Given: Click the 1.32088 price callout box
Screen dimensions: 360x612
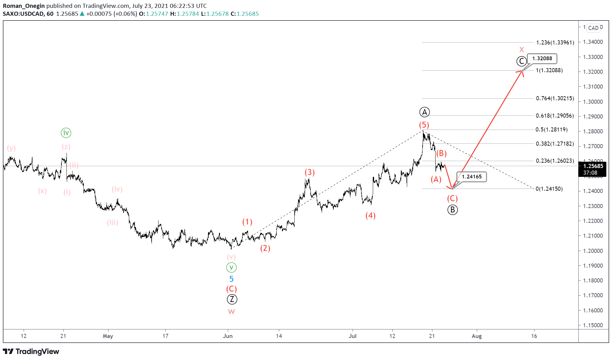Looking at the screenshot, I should tap(542, 58).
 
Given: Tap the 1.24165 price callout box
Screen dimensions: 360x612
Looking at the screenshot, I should tap(472, 177).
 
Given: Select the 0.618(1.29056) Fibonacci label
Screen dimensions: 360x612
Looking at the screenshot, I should tap(555, 116).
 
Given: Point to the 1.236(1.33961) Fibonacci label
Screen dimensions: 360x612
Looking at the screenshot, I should tap(555, 43).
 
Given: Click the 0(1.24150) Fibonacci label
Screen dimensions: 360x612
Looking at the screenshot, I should tap(549, 189).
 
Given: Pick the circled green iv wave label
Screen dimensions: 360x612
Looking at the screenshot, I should tap(66, 133).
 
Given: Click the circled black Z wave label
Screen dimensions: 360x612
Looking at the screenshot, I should tap(232, 299).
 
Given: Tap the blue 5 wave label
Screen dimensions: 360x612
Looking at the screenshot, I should tap(231, 279).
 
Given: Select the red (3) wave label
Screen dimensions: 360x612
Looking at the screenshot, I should tap(309, 172).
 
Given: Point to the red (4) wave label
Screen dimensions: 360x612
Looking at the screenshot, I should tap(370, 216).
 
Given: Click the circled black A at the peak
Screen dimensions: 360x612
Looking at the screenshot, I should tap(424, 112).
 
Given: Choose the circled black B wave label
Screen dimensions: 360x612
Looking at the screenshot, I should tap(453, 210).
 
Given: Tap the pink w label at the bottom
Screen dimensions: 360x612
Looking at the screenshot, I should tap(231, 312).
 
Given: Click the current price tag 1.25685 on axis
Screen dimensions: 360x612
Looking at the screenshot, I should tap(593, 166).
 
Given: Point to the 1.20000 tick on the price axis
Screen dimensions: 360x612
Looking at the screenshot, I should tap(593, 251).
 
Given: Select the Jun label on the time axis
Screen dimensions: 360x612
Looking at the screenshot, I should tap(228, 336).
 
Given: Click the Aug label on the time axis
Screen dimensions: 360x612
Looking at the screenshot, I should tap(476, 336).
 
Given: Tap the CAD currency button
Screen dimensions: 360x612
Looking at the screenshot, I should tap(593, 28).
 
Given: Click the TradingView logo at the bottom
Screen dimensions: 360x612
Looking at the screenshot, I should tap(31, 351).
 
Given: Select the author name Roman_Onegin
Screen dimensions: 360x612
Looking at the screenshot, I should tap(24, 6).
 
